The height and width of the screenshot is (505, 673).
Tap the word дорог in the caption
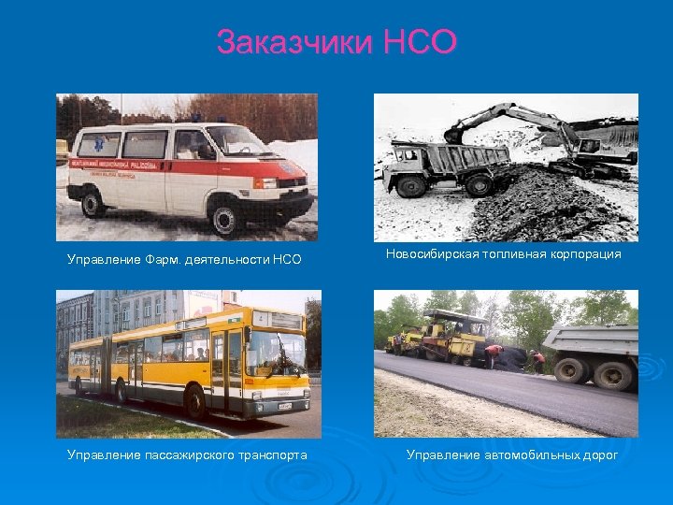click(601, 455)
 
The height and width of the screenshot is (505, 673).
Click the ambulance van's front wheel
click(227, 218)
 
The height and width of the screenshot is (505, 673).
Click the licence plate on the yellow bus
click(283, 407)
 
